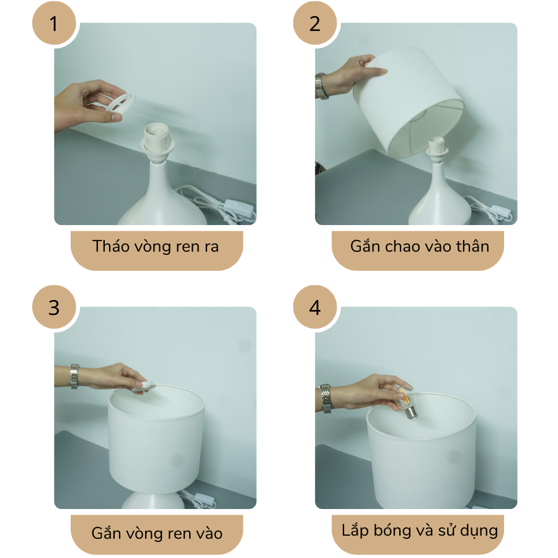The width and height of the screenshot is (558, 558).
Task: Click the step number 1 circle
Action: coord(54,24)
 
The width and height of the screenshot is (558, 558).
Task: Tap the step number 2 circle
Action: coord(315,24)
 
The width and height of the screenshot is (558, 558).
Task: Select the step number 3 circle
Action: coord(54,307)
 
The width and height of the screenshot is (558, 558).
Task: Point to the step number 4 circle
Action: coord(315,307)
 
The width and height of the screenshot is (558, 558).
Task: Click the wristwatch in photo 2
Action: coord(321,86)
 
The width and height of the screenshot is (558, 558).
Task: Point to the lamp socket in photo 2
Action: coord(438,149)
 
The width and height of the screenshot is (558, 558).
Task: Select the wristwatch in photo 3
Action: coord(74,376)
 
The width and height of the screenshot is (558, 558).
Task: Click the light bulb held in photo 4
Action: coord(406,403)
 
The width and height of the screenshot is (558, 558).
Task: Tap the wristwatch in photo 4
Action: coord(325,399)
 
